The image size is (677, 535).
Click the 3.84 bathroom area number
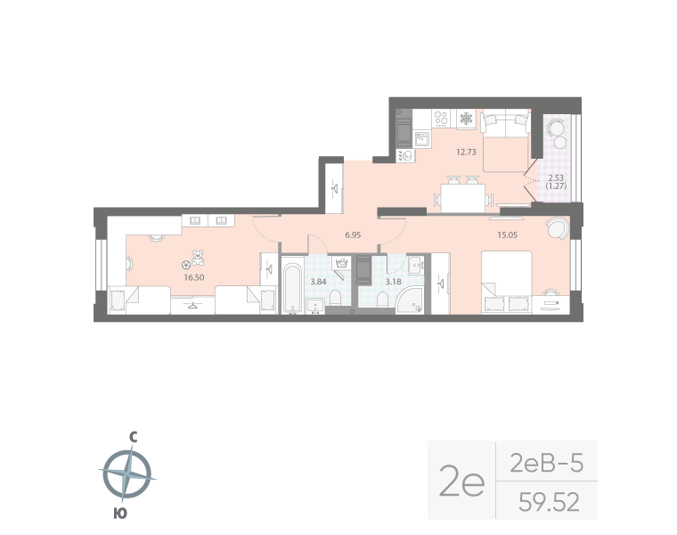coord(318,282)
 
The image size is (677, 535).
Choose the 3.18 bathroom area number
coord(392,282)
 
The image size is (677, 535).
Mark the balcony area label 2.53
coord(555,177)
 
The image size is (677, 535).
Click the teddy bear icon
coord(197,259)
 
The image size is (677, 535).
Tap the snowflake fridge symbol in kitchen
coord(464,118)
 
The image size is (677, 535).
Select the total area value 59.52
coord(549,503)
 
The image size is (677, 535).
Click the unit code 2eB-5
coord(546,462)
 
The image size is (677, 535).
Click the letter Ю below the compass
coord(119,513)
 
